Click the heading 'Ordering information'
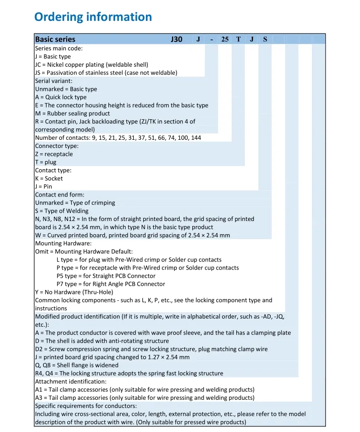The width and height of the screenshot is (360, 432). pos(93,17)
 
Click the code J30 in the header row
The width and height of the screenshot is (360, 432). pos(176,39)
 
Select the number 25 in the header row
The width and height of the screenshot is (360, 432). pos(225,39)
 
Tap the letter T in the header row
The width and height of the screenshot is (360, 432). pos(238,39)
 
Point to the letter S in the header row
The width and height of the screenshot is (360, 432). pos(265,39)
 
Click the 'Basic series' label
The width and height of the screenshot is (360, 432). pos(55,39)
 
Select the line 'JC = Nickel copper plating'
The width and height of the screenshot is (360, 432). pos(92,64)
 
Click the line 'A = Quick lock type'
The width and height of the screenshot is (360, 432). pos(61,97)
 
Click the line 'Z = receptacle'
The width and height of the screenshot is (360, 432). pos(54,154)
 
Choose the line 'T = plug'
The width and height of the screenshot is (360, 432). pos(46,162)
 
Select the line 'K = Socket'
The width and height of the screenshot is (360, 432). pos(49,178)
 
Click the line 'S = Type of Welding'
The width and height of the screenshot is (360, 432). pos(62,211)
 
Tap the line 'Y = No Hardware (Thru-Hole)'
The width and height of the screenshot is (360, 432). pos(74,292)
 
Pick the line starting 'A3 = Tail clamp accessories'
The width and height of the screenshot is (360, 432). pos(145,398)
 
